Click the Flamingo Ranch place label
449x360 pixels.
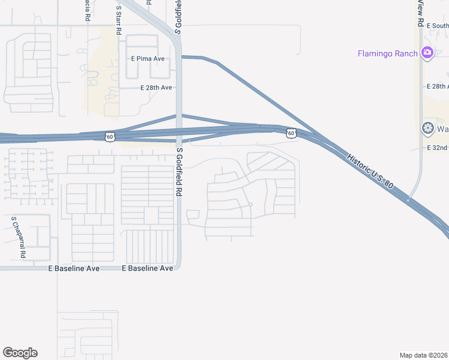[387, 53]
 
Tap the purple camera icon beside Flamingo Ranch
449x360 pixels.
[427, 53]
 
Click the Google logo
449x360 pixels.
[20, 353]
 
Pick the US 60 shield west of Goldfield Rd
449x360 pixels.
[109, 137]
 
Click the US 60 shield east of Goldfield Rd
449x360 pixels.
[291, 133]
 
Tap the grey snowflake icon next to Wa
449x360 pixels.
[427, 128]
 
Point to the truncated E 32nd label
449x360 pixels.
[438, 148]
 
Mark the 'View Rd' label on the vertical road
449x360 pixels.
[421, 13]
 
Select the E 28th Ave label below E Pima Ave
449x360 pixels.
[156, 88]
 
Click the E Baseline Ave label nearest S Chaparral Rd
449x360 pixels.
[74, 269]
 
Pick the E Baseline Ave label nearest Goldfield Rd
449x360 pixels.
[148, 269]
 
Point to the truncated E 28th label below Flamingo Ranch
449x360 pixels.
[439, 86]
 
